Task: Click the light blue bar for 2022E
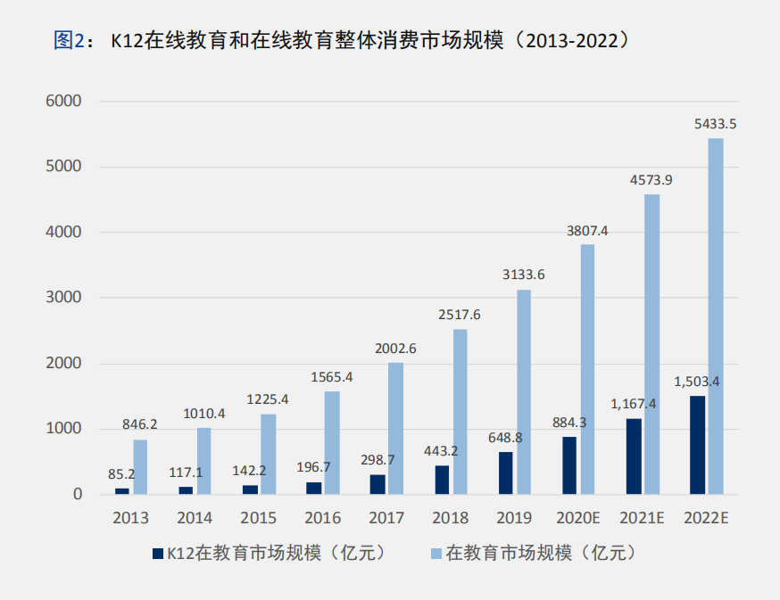[x=716, y=316]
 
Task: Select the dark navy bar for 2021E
[x=634, y=456]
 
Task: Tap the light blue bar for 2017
[x=395, y=428]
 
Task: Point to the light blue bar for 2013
[x=140, y=466]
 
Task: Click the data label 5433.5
[x=715, y=124]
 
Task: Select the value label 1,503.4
[x=697, y=382]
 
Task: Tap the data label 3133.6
[x=523, y=275]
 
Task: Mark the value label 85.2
[x=120, y=473]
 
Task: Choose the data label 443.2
[x=440, y=451]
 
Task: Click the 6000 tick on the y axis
[x=64, y=102]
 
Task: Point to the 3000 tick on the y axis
[x=64, y=298]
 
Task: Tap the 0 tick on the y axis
[x=78, y=494]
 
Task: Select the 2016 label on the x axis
[x=322, y=518]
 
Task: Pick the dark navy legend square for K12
[x=158, y=553]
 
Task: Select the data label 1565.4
[x=331, y=377]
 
